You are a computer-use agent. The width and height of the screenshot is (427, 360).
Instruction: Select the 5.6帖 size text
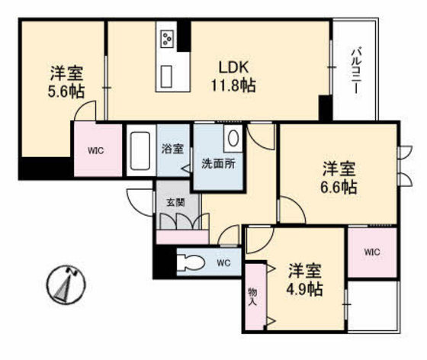(x=66, y=92)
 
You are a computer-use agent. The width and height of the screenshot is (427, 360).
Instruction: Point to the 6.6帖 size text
(x=339, y=186)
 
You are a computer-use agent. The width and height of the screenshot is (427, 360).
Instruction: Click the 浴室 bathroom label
(x=172, y=149)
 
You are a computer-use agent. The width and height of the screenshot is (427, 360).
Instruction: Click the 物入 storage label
(x=252, y=297)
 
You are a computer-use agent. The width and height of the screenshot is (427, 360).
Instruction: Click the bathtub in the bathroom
(x=140, y=152)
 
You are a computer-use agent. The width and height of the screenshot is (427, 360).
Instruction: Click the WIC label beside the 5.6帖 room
(x=95, y=149)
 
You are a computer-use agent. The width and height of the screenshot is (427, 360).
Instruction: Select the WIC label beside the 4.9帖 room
(x=371, y=252)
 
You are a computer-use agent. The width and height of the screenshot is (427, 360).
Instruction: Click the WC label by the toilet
(x=223, y=263)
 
